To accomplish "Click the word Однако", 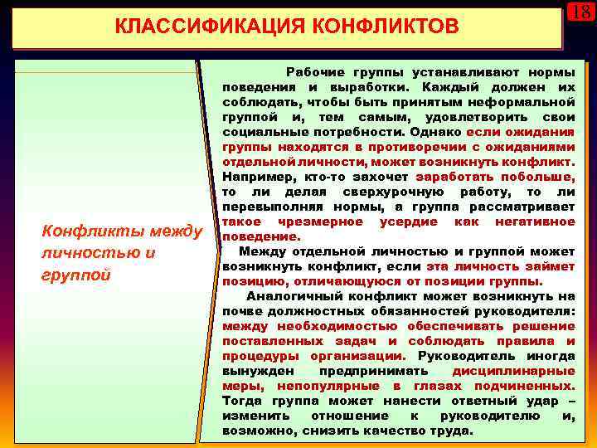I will pyautogui.click(x=436, y=131).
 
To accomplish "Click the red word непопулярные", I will pyautogui.click(x=337, y=385).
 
